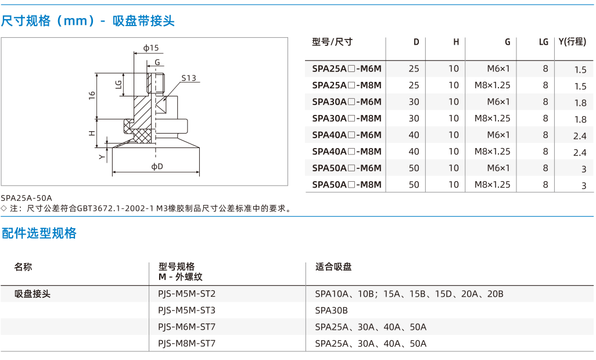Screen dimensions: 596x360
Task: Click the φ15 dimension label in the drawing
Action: (151, 48)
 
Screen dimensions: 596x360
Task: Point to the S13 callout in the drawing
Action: (189, 78)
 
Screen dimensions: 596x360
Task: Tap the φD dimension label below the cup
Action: (157, 166)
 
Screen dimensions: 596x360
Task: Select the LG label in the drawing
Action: (119, 84)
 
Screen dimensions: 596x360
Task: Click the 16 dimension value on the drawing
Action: (92, 95)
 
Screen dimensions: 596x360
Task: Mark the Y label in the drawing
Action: (102, 157)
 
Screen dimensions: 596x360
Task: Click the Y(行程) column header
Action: (572, 42)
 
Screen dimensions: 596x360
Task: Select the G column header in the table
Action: (508, 42)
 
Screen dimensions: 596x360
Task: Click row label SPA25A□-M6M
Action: (347, 69)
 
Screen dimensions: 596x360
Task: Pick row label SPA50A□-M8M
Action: (347, 185)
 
